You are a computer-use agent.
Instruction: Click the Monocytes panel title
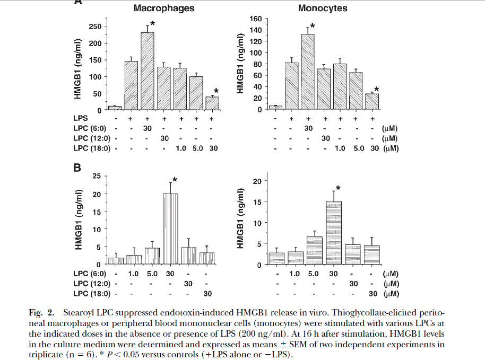pyautogui.click(x=323, y=8)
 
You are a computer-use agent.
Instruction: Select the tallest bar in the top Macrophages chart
pyautogui.click(x=148, y=71)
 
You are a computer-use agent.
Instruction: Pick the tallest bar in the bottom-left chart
pyautogui.click(x=170, y=229)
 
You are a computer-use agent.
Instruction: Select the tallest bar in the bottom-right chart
pyautogui.click(x=333, y=233)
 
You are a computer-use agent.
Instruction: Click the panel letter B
pyautogui.click(x=77, y=169)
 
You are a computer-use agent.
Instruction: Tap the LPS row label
pyautogui.click(x=82, y=119)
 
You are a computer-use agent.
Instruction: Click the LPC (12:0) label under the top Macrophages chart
pyautogui.click(x=91, y=138)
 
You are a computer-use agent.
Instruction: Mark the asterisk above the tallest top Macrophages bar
pyautogui.click(x=153, y=24)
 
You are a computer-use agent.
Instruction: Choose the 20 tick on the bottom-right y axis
pyautogui.click(x=258, y=181)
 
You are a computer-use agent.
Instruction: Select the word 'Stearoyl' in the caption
pyautogui.click(x=77, y=313)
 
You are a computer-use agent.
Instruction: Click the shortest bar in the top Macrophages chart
pyautogui.click(x=115, y=108)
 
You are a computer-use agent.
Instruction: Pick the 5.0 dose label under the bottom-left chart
pyautogui.click(x=152, y=274)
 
